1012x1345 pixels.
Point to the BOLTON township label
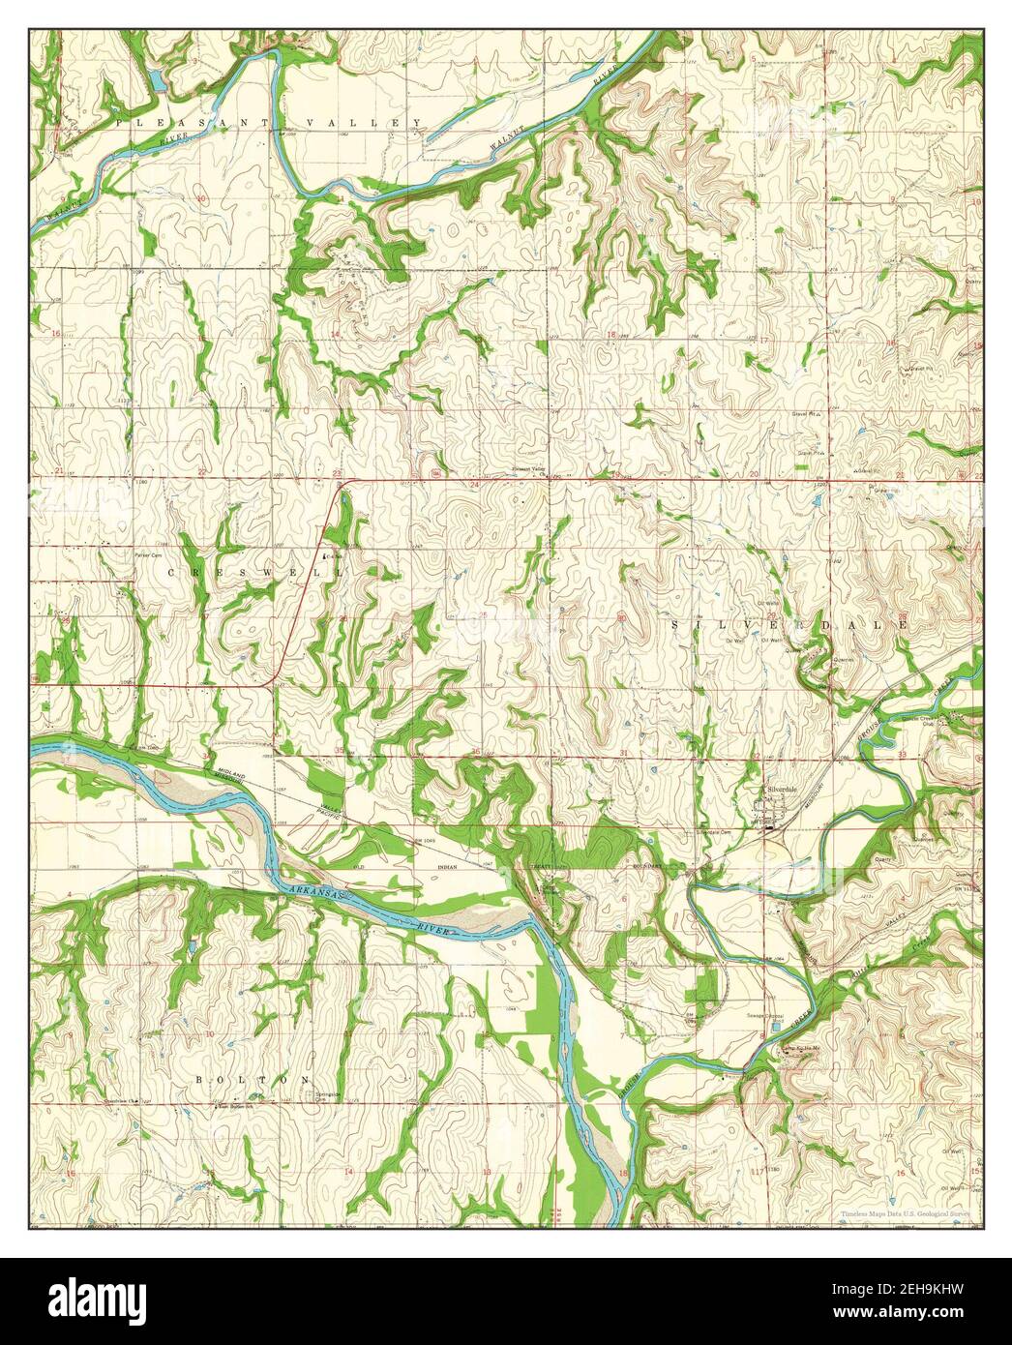[x=253, y=1078]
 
